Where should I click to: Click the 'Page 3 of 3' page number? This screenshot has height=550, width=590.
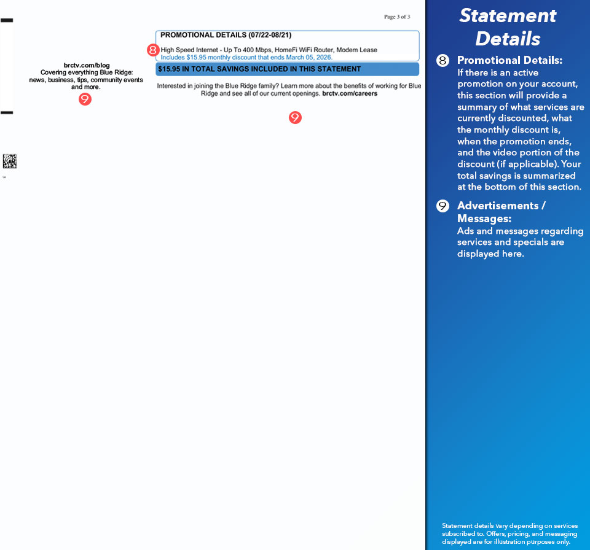click(396, 17)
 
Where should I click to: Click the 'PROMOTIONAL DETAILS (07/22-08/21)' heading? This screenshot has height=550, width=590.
click(226, 36)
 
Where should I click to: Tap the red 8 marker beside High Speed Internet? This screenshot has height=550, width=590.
click(153, 50)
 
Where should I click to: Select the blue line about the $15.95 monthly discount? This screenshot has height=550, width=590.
click(246, 57)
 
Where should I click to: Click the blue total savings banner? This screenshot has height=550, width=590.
click(287, 69)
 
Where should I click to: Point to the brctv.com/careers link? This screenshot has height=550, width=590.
click(350, 94)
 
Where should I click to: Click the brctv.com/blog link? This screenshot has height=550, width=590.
click(86, 65)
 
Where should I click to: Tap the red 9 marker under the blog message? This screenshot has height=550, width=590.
click(85, 99)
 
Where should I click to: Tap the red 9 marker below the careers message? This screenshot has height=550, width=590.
click(295, 117)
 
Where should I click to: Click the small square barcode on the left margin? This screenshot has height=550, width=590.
click(10, 161)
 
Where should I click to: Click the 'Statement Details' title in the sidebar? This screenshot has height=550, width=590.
click(508, 27)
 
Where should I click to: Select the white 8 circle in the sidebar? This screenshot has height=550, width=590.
click(442, 61)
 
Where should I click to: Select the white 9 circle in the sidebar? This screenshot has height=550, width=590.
click(442, 206)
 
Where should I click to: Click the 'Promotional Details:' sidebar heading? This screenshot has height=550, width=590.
click(509, 60)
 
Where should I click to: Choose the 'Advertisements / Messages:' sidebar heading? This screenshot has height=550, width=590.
click(501, 212)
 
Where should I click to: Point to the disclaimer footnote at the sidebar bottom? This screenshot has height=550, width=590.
click(509, 533)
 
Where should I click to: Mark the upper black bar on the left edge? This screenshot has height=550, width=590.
click(7, 21)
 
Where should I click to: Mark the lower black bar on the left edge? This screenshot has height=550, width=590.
click(7, 113)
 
